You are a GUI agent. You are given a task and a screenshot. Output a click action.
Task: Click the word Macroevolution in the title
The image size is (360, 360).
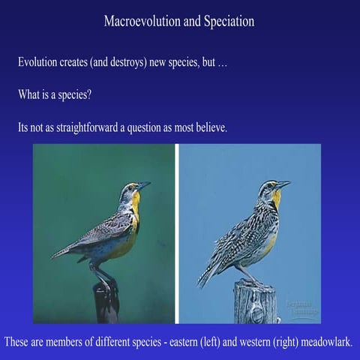[x=140, y=22]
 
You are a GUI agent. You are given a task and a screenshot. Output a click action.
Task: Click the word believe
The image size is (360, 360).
[x=209, y=128]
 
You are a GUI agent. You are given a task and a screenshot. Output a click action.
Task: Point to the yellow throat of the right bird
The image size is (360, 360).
[x=277, y=198]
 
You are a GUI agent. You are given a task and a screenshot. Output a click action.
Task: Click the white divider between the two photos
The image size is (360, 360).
[x=176, y=232]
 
